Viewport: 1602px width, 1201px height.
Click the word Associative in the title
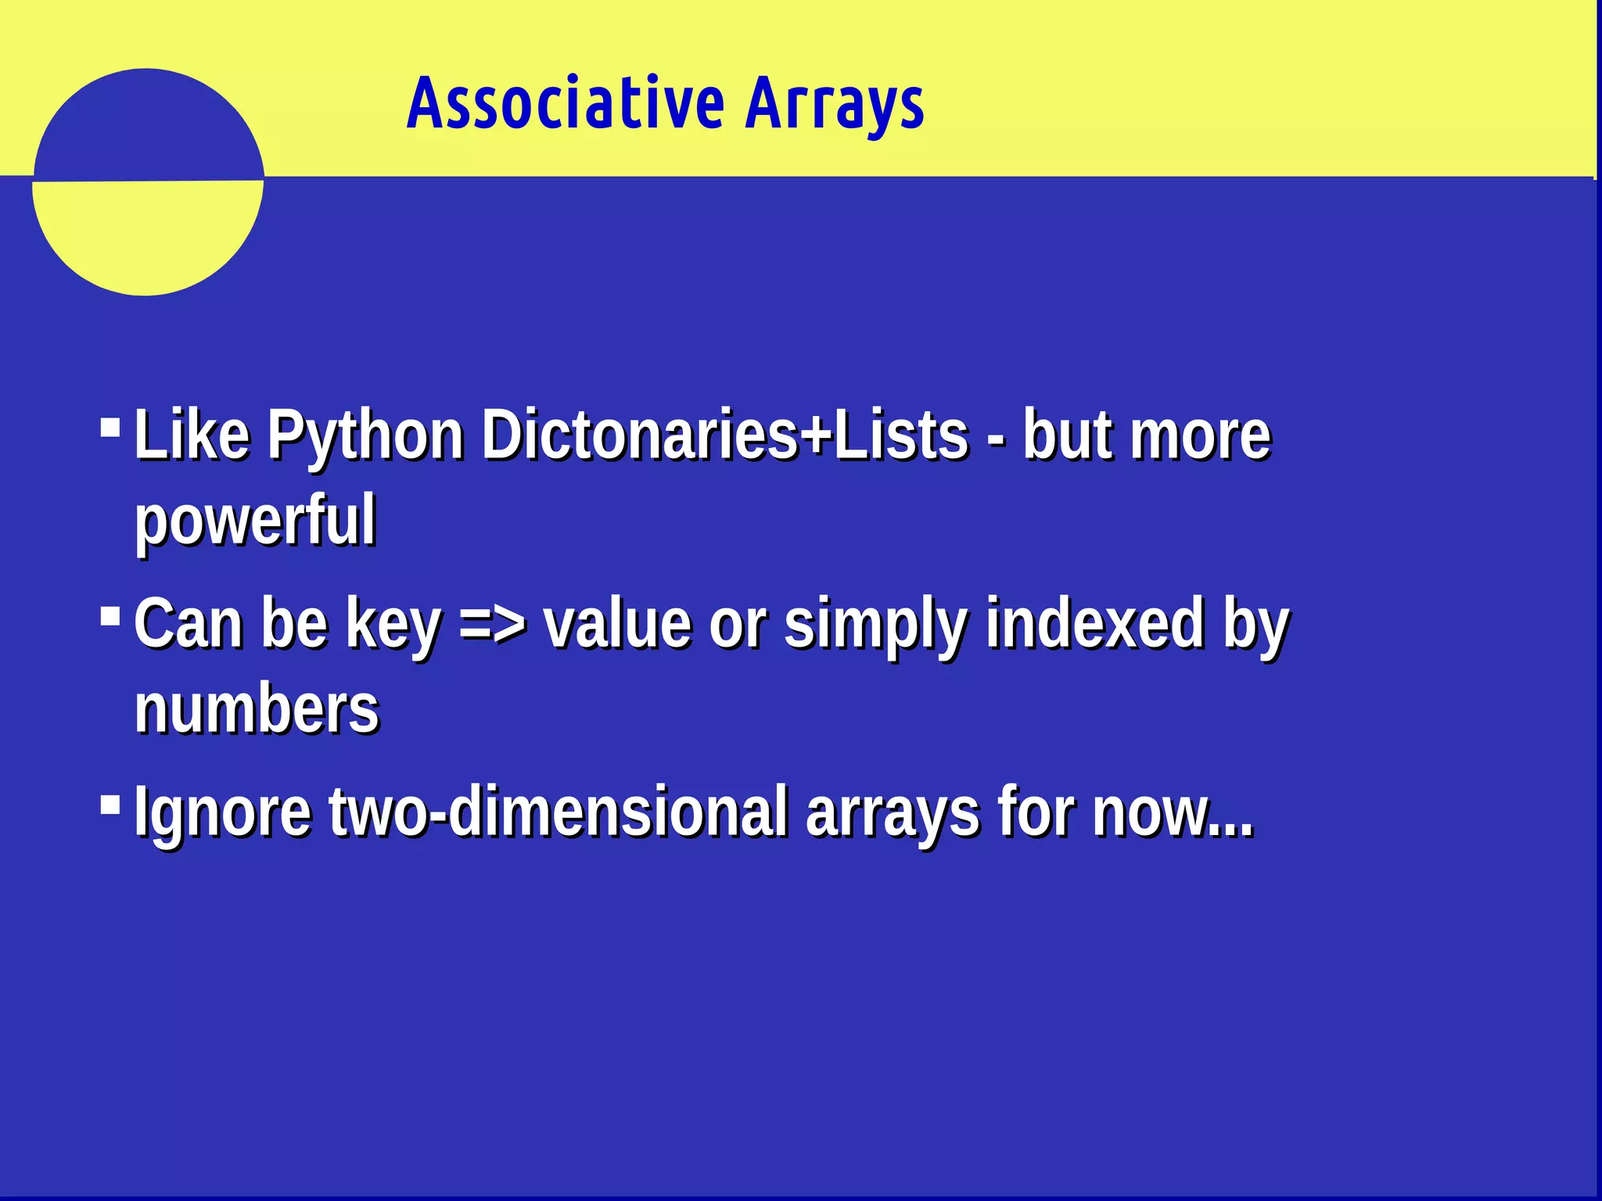click(x=566, y=103)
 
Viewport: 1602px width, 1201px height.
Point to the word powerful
click(x=255, y=521)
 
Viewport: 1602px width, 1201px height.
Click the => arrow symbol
click(x=493, y=624)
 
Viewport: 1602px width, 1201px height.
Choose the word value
click(x=618, y=624)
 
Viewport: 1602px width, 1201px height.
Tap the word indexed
click(x=1094, y=624)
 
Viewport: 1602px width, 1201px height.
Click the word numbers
click(x=257, y=708)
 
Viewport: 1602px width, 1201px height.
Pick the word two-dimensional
click(x=558, y=812)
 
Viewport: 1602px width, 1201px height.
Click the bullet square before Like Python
click(x=110, y=428)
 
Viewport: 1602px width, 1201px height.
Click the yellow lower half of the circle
click(x=147, y=235)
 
